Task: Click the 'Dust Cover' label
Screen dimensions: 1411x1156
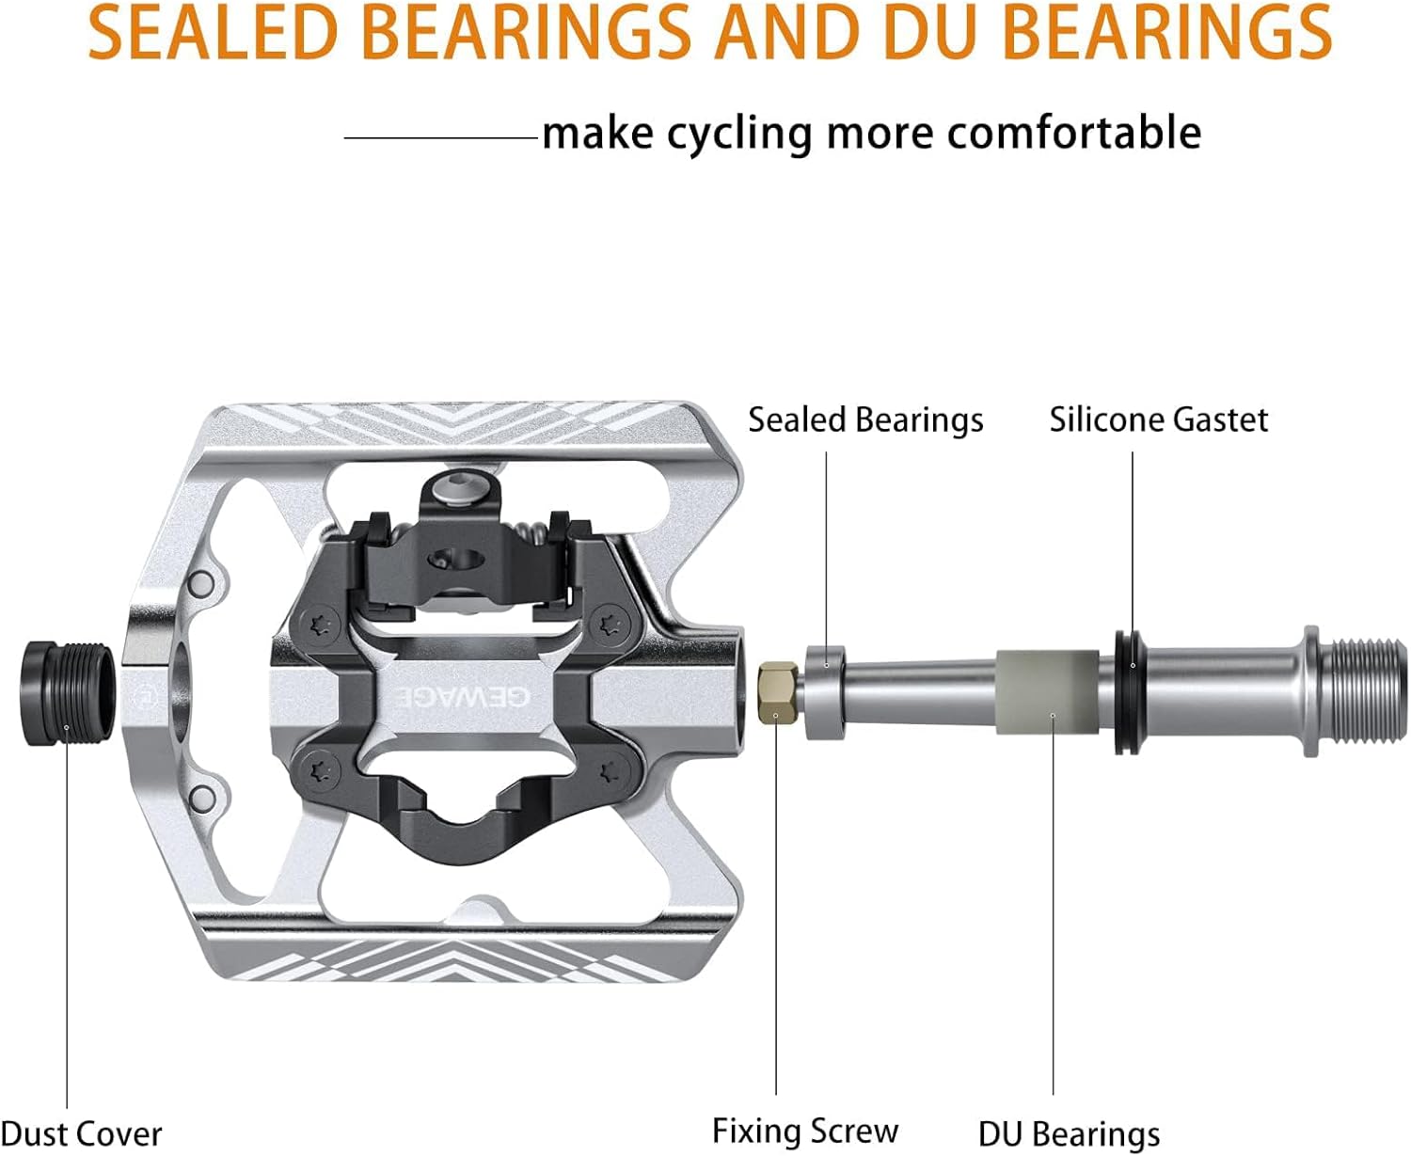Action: tap(82, 1134)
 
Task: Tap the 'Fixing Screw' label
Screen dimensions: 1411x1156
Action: tap(805, 1132)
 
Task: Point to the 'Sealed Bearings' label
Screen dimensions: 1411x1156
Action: tap(865, 420)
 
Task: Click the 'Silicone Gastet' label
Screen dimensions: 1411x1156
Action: tap(1158, 420)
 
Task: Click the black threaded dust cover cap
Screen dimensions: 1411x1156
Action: tap(68, 693)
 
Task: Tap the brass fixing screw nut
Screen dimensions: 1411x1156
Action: tap(778, 691)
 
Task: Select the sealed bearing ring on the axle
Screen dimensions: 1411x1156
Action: tap(826, 691)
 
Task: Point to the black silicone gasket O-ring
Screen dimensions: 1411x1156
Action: tap(1130, 691)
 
